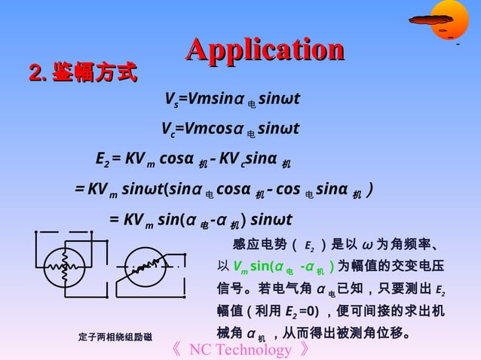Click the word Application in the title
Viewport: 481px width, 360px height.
265,50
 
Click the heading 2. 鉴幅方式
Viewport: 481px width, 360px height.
83,74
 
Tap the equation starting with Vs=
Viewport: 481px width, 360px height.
232,99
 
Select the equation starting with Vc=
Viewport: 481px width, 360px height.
231,130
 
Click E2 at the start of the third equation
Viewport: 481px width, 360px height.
103,160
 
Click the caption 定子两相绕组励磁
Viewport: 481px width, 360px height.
115,337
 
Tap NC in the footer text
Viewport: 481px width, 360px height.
199,350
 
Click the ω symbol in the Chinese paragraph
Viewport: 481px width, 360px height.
367,245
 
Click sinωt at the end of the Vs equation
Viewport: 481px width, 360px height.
279,99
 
